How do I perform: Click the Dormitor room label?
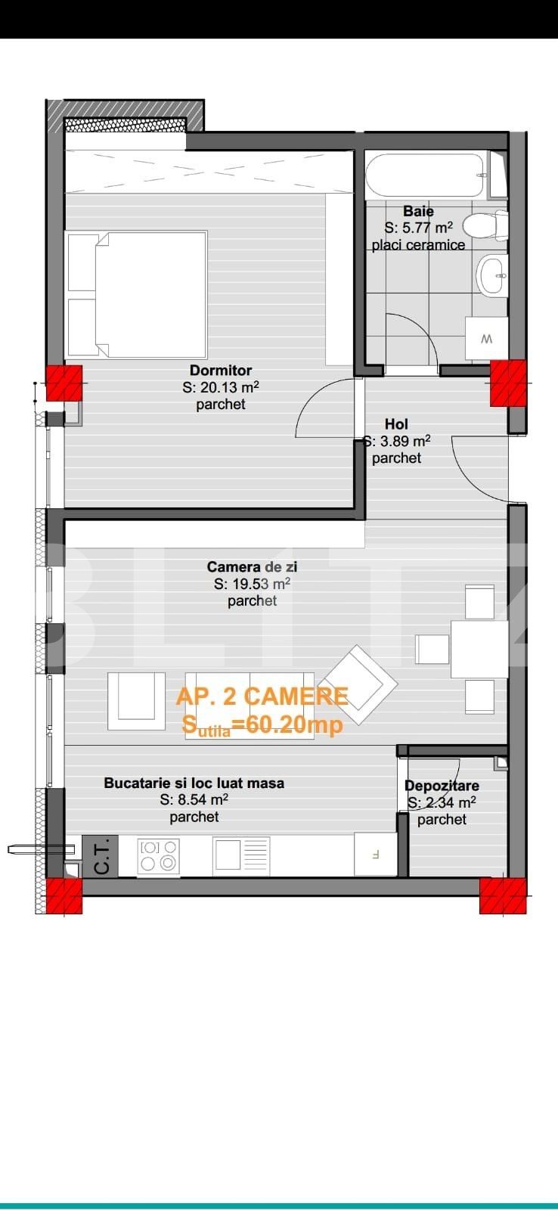(220, 371)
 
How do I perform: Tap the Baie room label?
(418, 211)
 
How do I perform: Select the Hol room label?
(396, 424)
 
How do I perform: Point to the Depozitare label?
(442, 786)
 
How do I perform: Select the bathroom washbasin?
(491, 275)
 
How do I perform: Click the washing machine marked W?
(487, 340)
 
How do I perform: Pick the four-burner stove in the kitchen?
(158, 855)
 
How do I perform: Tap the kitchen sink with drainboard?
(241, 856)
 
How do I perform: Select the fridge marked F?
(376, 854)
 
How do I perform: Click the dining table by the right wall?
(479, 650)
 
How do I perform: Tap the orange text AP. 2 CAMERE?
(262, 697)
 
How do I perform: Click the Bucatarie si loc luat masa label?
(194, 783)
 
